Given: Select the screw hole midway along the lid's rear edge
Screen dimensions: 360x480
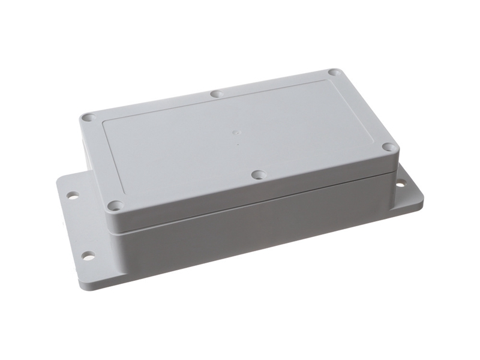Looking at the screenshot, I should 217,94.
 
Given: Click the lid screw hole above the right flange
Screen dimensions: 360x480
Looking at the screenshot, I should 389,147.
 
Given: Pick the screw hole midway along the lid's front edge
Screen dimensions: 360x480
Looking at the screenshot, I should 258,175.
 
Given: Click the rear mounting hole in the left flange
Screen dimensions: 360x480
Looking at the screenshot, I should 72,196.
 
